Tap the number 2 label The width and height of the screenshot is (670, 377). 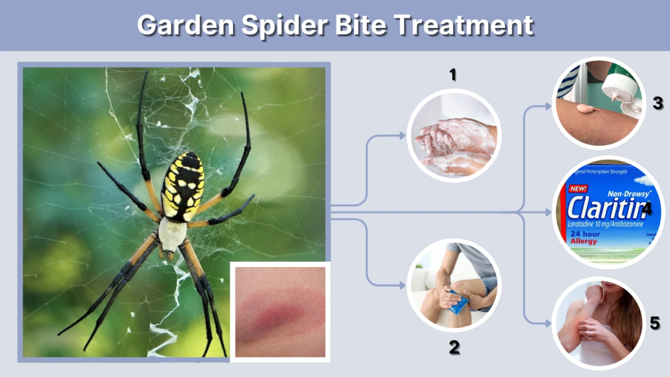coord(453,348)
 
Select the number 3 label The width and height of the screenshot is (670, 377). coord(658,103)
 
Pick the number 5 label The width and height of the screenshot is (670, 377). coord(655,323)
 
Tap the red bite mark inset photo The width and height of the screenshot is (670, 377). coord(279,310)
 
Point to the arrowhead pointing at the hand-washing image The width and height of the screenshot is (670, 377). coord(402,135)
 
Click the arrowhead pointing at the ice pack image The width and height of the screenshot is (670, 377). coord(402,284)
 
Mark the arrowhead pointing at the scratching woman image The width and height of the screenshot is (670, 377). coord(548,322)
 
